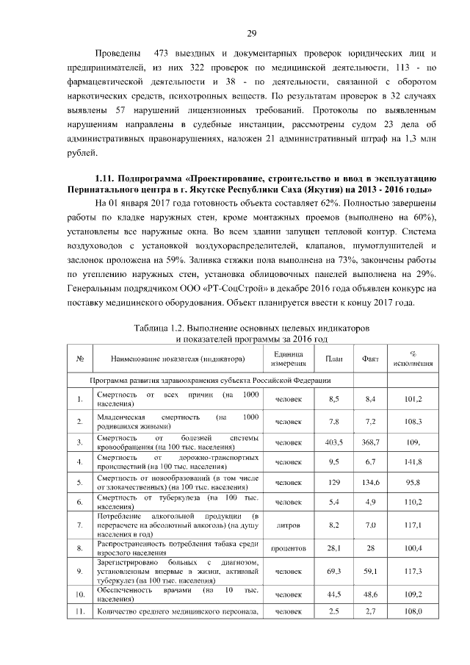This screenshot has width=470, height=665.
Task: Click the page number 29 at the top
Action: coord(251,34)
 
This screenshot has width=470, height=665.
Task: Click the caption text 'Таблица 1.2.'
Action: coord(162,326)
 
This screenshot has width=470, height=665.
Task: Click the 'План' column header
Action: coord(333,359)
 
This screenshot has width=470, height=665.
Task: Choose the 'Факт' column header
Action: coord(371,359)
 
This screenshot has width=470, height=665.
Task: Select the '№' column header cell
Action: coord(79,359)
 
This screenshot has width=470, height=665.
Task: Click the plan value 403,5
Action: coord(333,442)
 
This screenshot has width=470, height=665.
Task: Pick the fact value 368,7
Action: coord(371,442)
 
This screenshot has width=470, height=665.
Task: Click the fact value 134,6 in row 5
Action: coord(371,482)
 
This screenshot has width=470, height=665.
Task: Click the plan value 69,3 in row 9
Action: coord(333,570)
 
